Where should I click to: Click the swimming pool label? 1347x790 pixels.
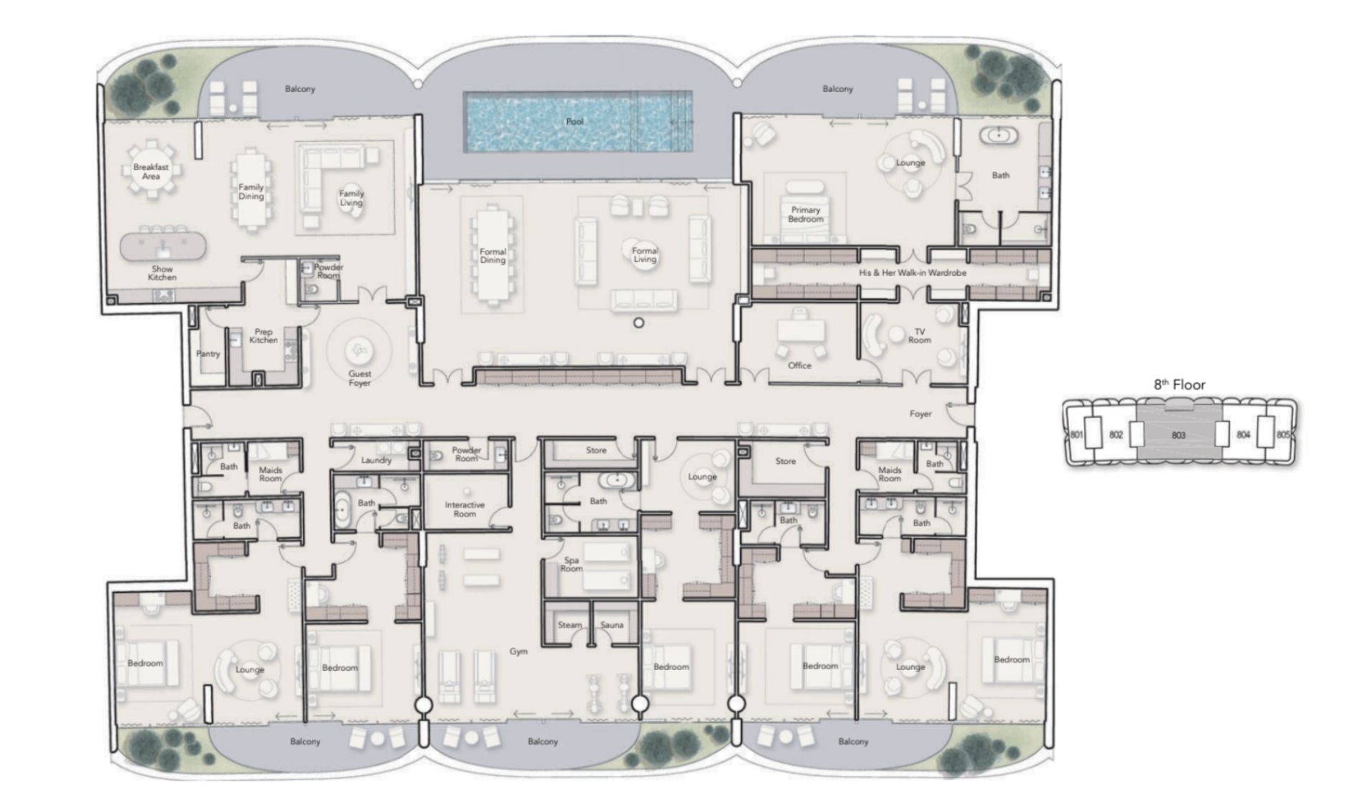[x=574, y=121]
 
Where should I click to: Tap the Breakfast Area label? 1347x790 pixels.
[x=151, y=172]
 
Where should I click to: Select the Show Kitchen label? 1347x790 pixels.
[x=162, y=273]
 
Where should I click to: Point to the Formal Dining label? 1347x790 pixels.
[x=493, y=256]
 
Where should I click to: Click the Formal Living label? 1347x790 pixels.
[x=645, y=255]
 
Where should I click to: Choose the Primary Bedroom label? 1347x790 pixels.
[x=806, y=215]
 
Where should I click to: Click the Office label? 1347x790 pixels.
[x=799, y=366]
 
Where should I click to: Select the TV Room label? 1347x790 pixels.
[x=919, y=335]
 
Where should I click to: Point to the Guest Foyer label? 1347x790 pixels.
[x=360, y=378]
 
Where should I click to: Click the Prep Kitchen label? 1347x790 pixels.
[x=264, y=336]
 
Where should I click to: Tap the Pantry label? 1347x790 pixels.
[x=208, y=354]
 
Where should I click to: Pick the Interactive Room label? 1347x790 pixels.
[x=465, y=509]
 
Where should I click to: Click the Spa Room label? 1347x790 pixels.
[x=572, y=564]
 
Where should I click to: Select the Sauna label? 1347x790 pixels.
[x=612, y=625]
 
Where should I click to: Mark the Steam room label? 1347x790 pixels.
[x=569, y=625]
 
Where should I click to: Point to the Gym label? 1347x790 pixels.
[x=518, y=651]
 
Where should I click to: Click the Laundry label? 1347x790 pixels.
[x=376, y=460]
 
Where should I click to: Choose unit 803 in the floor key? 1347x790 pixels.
[x=1178, y=435]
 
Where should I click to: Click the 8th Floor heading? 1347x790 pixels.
[x=1179, y=385]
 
